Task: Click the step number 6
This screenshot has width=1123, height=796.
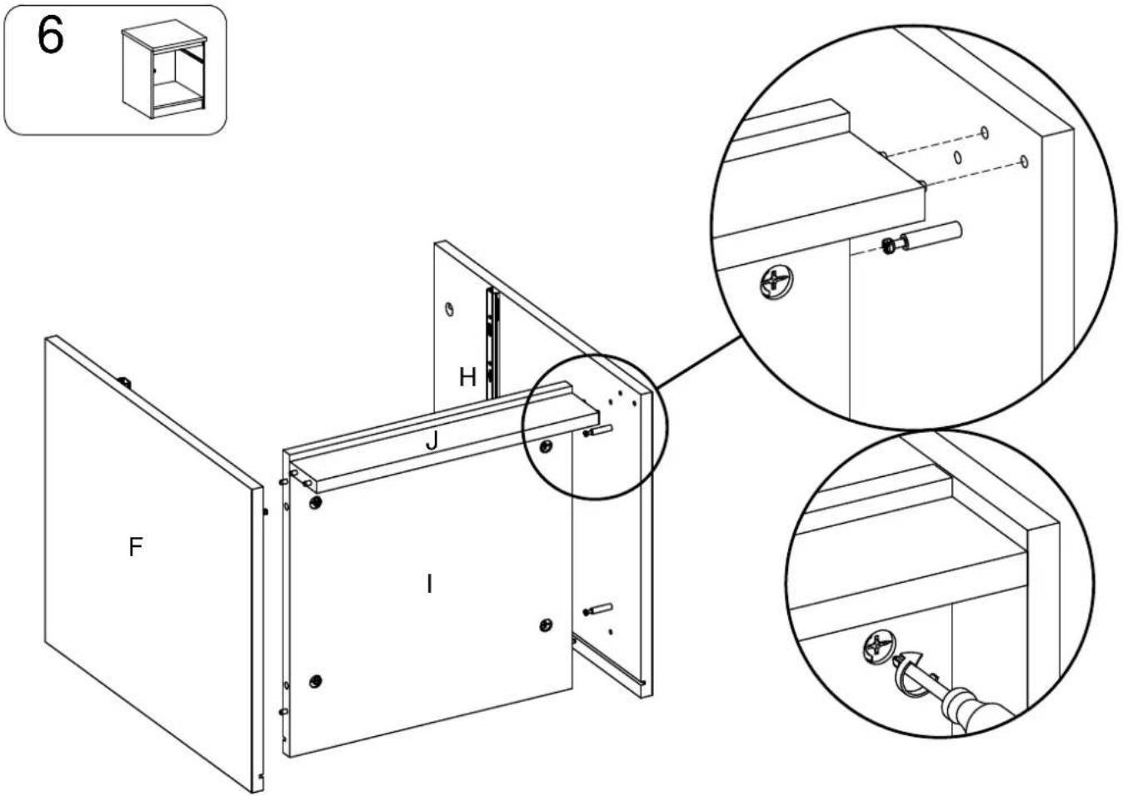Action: (51, 36)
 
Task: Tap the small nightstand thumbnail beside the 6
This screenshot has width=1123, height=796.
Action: (164, 68)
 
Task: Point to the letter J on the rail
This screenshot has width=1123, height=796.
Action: (432, 440)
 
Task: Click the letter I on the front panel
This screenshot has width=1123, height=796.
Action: (429, 585)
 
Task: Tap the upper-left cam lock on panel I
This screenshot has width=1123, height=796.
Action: (316, 502)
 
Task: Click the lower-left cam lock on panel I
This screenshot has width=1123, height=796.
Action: (316, 681)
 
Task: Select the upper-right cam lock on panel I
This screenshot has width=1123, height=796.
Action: (546, 446)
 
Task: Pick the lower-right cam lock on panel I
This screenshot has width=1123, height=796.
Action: (546, 624)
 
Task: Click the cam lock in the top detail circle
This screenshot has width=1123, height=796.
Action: (776, 282)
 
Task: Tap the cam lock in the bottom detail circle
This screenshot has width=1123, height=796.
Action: (879, 649)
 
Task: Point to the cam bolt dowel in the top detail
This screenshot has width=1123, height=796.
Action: (921, 238)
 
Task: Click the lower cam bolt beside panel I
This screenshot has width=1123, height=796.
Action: (597, 609)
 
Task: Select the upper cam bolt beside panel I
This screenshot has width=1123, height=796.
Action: (597, 430)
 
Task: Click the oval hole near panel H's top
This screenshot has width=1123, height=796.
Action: (450, 309)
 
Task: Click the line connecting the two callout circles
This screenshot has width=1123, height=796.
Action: (698, 362)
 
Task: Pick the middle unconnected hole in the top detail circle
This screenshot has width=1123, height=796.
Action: (957, 157)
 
